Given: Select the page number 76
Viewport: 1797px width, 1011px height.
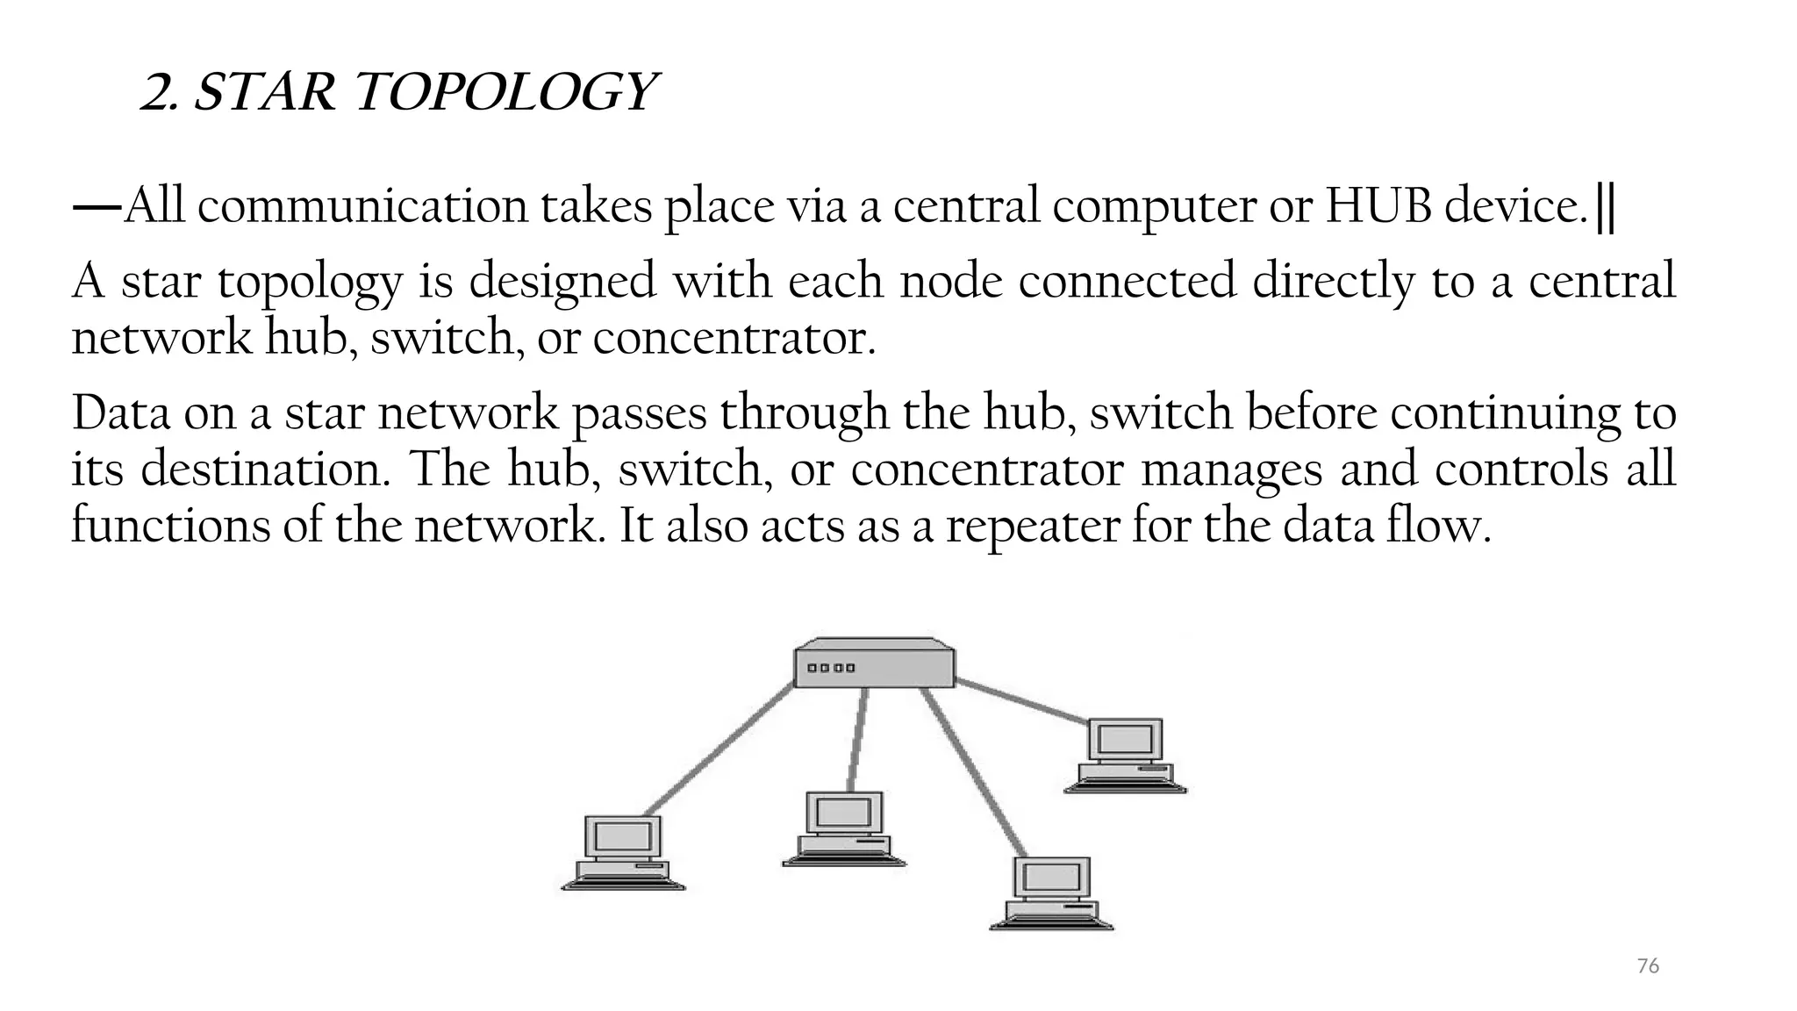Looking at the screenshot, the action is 1648,966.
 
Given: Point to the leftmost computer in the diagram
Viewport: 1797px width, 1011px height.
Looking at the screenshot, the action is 623,852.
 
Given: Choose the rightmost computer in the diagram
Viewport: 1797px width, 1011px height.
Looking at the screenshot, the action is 1126,755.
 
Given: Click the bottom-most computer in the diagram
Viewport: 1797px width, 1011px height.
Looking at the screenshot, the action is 1052,893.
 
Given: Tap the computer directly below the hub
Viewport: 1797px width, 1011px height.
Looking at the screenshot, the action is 844,828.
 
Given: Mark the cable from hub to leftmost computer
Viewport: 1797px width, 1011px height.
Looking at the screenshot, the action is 720,750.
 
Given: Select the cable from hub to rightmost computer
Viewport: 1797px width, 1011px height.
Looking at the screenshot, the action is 1022,702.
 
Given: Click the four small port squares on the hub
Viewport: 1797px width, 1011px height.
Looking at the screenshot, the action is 831,669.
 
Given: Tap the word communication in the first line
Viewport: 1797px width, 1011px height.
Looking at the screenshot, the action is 362,206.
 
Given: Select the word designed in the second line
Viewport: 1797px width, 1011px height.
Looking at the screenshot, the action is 562,283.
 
